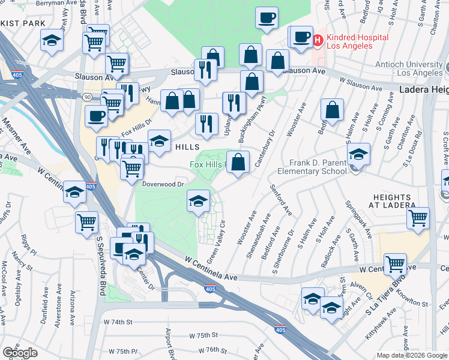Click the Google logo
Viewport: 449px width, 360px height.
20,352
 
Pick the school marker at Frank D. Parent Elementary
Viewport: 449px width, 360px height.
358,154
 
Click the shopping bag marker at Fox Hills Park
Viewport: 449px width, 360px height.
238,161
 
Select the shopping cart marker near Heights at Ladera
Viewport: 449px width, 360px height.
418,218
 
